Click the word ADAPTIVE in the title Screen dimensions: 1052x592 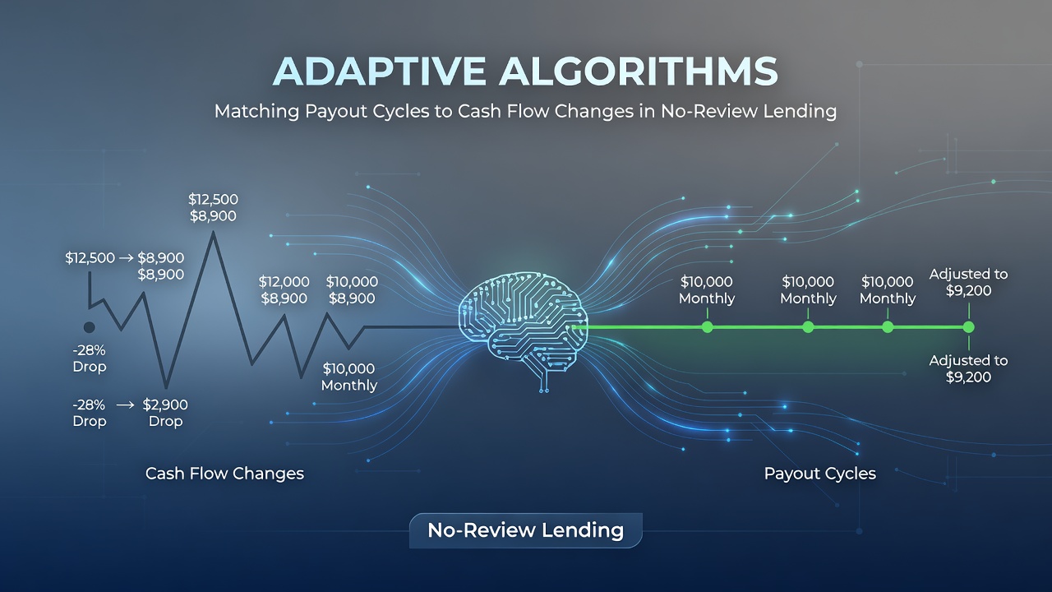coord(379,72)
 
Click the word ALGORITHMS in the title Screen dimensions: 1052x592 coord(638,72)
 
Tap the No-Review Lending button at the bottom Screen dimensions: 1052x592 coord(525,530)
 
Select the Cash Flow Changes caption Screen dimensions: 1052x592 coord(224,473)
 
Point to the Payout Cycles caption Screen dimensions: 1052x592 coord(820,473)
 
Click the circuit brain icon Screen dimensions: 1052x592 coord(523,329)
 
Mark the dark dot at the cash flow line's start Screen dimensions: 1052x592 coord(90,327)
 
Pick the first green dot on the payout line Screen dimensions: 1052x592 coord(707,327)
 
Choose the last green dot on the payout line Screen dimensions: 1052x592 coord(968,327)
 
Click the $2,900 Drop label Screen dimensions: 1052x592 coord(165,413)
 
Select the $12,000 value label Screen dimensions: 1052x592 coord(284,282)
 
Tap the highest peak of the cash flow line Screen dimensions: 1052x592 coord(214,233)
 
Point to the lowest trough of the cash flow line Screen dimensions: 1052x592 coord(166,387)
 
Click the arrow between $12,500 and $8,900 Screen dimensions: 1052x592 coord(126,258)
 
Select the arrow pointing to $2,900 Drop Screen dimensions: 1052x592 coord(125,405)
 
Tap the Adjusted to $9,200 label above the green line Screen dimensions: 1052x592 coord(968,282)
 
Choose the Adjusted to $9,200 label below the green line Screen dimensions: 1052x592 coord(968,369)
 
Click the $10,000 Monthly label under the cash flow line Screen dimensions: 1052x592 coord(349,377)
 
